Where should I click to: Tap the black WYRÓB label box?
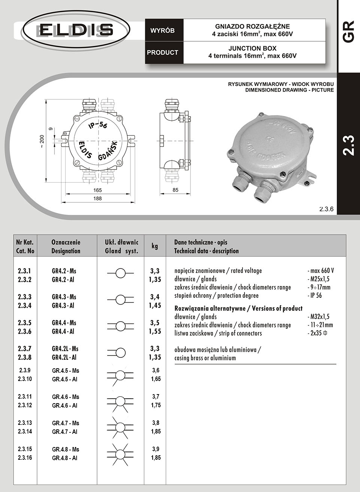pos(163,31)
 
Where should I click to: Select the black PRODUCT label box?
pos(163,52)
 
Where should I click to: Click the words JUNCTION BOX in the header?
pos(252,48)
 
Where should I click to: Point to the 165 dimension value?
pos(97,190)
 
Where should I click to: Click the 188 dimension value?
pos(97,198)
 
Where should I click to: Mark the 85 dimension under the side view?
pos(175,190)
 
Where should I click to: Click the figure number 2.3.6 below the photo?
pos(326,209)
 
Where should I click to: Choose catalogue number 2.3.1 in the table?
pos(25,271)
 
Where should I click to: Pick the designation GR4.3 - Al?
pos(63,306)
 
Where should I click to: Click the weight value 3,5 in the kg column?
pos(155,323)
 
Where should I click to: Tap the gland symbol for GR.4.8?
pos(120,454)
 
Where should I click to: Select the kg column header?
pos(154,246)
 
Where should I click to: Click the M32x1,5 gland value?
pos(320,317)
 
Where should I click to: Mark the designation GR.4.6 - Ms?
pos(66,397)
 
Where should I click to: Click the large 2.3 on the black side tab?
pos(348,145)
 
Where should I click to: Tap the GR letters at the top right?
pos(349,31)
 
